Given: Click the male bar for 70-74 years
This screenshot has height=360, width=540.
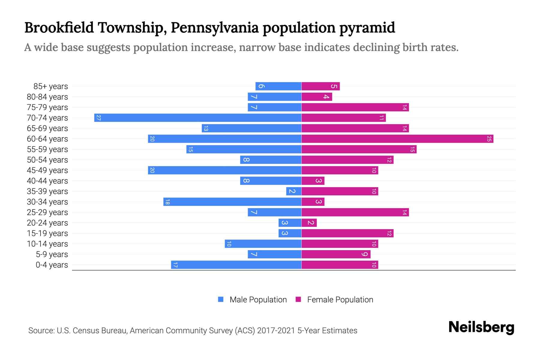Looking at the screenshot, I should [198, 118].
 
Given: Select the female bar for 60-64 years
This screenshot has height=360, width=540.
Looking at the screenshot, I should [397, 139].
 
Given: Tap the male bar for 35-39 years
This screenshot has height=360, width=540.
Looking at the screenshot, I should [294, 191].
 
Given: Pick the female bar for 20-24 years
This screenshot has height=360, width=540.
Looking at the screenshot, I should [309, 223].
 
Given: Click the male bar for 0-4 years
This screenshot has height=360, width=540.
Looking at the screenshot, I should [236, 265].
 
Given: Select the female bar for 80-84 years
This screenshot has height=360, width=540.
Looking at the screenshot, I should [317, 97].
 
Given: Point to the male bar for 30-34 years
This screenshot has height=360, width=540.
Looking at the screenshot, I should [232, 202].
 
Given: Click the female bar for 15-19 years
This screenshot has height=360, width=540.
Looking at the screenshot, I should [347, 233].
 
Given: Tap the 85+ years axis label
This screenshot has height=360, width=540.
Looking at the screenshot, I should [51, 86].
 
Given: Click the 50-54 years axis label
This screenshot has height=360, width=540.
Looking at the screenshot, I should [47, 160].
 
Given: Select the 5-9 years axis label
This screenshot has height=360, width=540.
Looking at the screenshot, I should [52, 254].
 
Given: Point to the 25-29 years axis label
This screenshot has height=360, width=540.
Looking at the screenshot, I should [47, 212].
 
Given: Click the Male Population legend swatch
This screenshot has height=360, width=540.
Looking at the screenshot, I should [221, 299].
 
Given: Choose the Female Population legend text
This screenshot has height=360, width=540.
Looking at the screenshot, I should [340, 299].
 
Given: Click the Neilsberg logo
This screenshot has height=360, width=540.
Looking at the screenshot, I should [481, 327].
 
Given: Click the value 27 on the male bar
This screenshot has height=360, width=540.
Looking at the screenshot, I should [98, 118].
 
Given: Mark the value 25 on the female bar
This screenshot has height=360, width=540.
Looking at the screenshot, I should [489, 139].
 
